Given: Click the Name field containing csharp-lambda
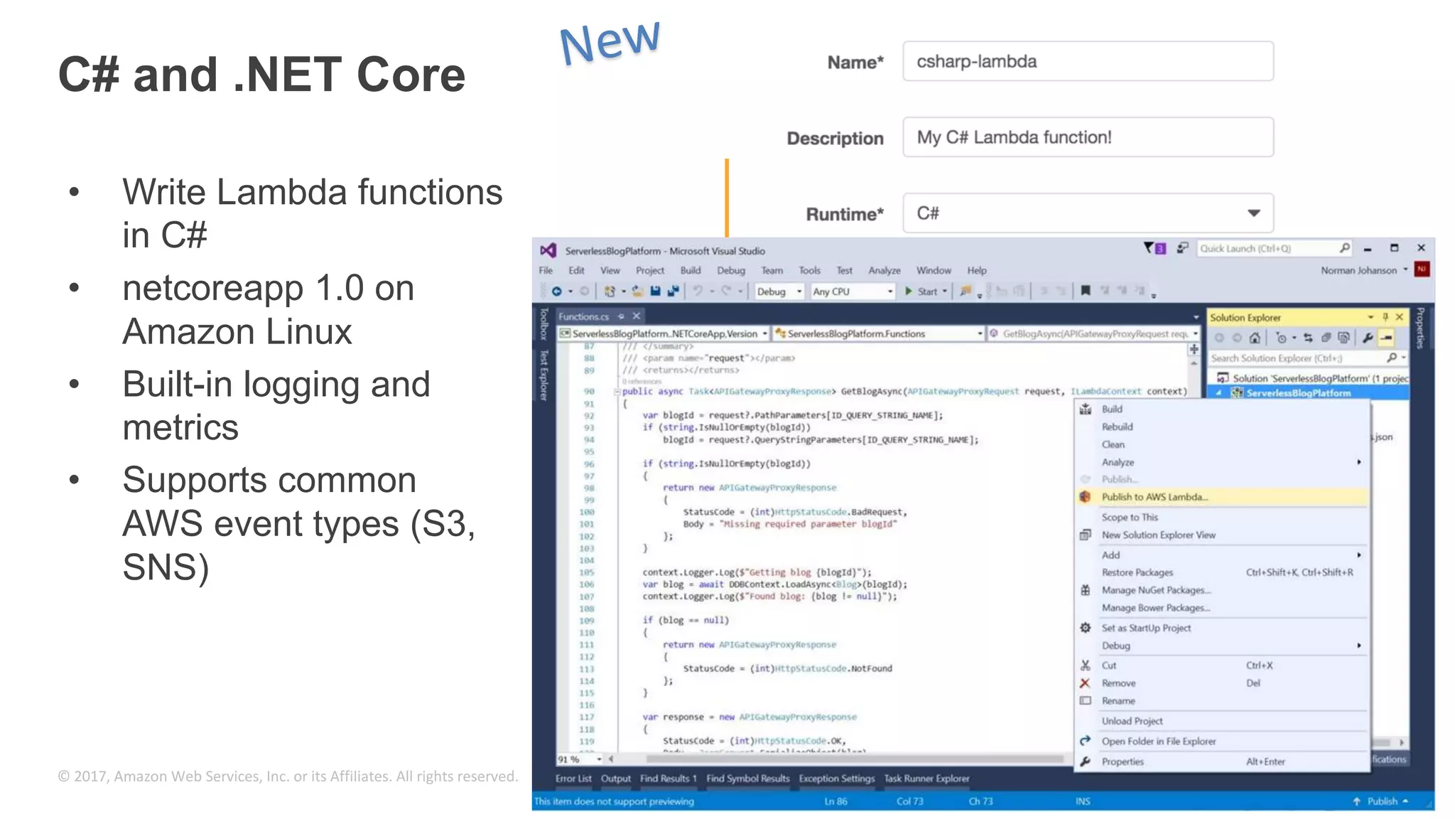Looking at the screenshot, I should [x=1087, y=61].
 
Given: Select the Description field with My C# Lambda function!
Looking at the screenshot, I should [x=1087, y=137].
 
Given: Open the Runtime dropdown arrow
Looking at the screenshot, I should [x=1253, y=213].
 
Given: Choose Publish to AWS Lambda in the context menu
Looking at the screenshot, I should [x=1154, y=497].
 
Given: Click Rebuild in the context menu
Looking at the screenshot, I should [x=1117, y=427].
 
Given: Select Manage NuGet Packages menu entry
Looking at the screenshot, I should [x=1155, y=590].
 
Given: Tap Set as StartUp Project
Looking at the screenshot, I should [x=1145, y=628].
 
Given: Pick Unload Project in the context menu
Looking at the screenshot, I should [x=1132, y=721].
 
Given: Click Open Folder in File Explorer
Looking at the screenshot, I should [x=1158, y=741].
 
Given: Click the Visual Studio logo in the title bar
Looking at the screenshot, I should [x=548, y=250].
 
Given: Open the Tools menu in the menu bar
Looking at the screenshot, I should [x=809, y=270].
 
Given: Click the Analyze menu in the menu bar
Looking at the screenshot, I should [x=884, y=270].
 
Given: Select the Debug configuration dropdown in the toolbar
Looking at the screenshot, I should [x=779, y=291].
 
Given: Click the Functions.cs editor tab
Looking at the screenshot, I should [x=583, y=316].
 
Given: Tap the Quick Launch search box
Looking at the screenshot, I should [x=1269, y=248].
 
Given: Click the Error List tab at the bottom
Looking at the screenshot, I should [x=573, y=778].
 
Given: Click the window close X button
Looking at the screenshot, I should [x=1421, y=248].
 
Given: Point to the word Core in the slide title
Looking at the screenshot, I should [x=411, y=75].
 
